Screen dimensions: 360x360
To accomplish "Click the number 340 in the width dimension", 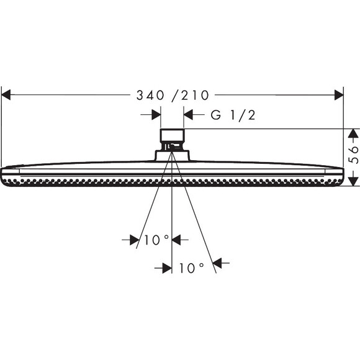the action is pyautogui.click(x=150, y=96).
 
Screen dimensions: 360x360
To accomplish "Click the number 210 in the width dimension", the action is pyautogui.click(x=195, y=96).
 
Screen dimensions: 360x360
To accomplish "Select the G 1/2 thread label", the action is pyautogui.click(x=233, y=115).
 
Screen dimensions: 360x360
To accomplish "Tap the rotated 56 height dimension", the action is pyautogui.click(x=353, y=155).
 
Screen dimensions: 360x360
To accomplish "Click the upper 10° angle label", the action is pyautogui.click(x=156, y=240).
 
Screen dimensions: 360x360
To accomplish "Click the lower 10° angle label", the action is pyautogui.click(x=191, y=268).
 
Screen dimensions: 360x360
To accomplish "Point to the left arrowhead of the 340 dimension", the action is pyautogui.click(x=6, y=95).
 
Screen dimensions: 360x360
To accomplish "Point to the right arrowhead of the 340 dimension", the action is pyautogui.click(x=339, y=95).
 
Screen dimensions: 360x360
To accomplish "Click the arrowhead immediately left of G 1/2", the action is pyautogui.click(x=188, y=115).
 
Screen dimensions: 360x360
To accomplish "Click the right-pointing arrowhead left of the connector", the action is pyautogui.click(x=156, y=115).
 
